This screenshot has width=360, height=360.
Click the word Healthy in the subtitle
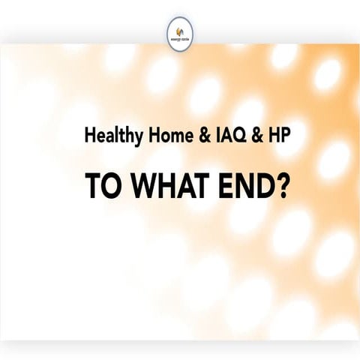tap(109, 137)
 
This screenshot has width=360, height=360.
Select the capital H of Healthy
tap(90, 137)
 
